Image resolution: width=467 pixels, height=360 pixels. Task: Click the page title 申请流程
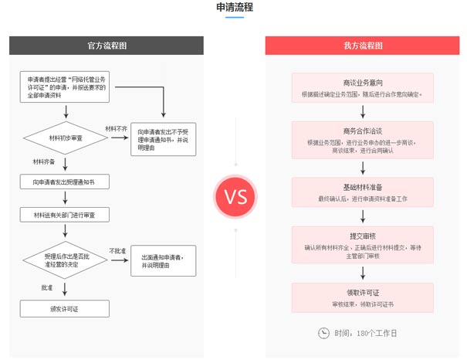tap(233, 8)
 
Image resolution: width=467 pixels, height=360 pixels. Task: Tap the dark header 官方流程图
tap(107, 46)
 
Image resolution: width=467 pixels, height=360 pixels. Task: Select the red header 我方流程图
tap(362, 46)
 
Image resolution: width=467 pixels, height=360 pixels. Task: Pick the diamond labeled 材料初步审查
tap(66, 138)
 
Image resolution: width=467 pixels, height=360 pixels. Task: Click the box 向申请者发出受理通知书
tap(66, 182)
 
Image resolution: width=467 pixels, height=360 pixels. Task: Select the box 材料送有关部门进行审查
tap(66, 214)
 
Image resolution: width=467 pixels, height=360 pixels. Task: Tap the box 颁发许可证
tap(66, 309)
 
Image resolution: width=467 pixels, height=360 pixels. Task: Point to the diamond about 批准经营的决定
tap(66, 259)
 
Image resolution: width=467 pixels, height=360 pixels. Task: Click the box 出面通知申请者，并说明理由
tap(162, 260)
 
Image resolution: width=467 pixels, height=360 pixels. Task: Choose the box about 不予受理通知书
tap(162, 140)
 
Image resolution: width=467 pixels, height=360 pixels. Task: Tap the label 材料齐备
tap(43, 161)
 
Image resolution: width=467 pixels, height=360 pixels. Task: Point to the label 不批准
tap(117, 251)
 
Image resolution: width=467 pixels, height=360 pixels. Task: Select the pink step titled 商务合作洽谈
tap(362, 140)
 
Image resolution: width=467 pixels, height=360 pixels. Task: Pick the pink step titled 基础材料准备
tap(362, 192)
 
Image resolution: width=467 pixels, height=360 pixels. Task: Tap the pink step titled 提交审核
tap(362, 242)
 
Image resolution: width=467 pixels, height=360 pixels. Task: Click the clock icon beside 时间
tap(323, 333)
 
